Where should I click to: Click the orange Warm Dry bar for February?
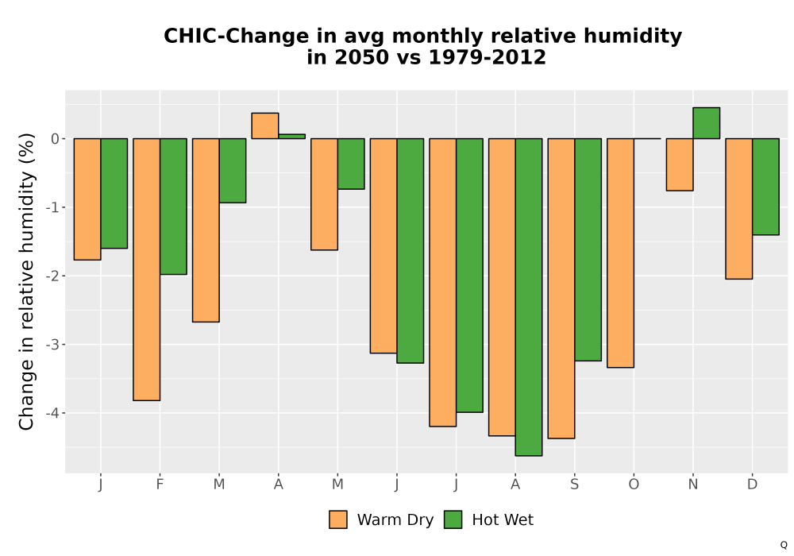147,269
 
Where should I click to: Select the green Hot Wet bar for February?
173,207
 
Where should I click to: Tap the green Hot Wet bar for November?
707,123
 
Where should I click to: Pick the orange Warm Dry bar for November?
680,164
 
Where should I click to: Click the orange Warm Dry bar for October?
620,253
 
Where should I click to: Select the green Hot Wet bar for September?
588,249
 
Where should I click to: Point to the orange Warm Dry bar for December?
738,209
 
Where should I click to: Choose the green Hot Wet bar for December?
765,187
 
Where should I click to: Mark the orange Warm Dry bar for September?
561,288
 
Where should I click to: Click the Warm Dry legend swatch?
338,519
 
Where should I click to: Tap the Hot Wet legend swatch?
453,519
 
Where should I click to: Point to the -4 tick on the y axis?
52,413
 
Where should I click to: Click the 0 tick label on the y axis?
56,139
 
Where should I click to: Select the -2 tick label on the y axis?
52,276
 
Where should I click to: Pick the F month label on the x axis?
160,485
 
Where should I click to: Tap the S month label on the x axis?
574,485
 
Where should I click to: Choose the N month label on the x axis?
693,485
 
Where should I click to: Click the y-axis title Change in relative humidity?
26,281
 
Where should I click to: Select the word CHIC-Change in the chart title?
236,37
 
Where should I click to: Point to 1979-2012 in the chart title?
488,57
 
